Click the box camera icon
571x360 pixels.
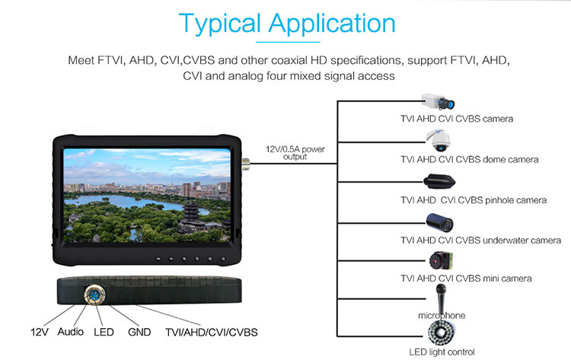click(438, 101)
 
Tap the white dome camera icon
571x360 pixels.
click(439, 140)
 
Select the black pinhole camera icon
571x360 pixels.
click(439, 181)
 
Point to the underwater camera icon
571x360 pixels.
click(440, 222)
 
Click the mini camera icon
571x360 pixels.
click(441, 260)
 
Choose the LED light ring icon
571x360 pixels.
click(442, 333)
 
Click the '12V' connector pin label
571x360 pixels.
click(40, 332)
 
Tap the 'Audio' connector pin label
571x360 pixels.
click(70, 332)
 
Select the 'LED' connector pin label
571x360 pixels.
click(104, 332)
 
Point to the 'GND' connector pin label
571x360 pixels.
click(139, 332)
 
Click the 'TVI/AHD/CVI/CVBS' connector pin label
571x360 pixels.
click(211, 333)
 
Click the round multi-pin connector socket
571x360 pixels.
click(94, 295)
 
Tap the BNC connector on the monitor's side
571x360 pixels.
click(245, 164)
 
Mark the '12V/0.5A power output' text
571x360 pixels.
click(295, 153)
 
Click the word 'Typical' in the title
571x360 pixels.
click(220, 24)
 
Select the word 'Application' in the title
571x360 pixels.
click(332, 24)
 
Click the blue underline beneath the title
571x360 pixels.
click(288, 42)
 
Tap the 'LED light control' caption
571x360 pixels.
click(442, 352)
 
